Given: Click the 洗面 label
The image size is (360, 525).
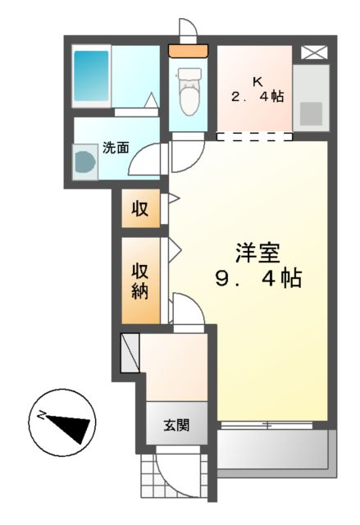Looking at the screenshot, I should point(116,148).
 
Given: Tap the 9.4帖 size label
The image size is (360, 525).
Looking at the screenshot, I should point(258,279).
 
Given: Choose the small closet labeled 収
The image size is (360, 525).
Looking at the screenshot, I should point(140,208).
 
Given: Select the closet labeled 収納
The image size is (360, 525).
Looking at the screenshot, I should point(141,281).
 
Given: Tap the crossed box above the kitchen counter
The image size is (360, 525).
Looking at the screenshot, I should point(312,52).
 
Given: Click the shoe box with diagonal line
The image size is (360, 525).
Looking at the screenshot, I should point(131,351).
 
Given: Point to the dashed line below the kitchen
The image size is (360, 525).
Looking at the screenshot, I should point(253,136).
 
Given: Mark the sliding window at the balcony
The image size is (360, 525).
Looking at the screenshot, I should point(267,425).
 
